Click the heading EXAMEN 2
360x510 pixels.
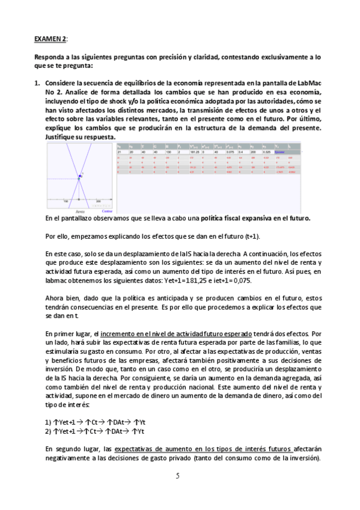(50, 38)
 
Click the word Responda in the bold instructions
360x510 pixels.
(51, 57)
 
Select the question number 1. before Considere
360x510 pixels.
(37, 82)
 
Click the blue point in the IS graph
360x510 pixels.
(78, 177)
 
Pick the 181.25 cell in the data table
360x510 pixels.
(194, 153)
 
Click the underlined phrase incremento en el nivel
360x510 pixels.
(129, 333)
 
